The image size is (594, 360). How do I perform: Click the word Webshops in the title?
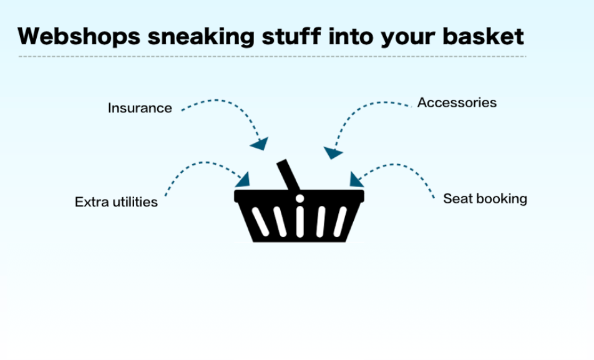(x=79, y=36)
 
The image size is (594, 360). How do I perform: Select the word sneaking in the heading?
(x=201, y=37)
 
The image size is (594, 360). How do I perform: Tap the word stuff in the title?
(x=291, y=36)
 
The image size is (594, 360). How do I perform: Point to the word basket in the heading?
(x=483, y=36)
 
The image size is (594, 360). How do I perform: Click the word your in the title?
(x=407, y=39)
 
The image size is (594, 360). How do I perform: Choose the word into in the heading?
(x=351, y=36)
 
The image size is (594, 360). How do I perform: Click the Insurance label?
(x=140, y=108)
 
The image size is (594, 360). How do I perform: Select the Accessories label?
(x=457, y=103)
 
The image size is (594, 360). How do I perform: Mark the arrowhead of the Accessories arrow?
(x=332, y=153)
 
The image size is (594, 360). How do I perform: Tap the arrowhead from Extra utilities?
(x=243, y=180)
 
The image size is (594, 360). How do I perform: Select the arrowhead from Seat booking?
(x=356, y=180)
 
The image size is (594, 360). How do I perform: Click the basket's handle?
(x=288, y=175)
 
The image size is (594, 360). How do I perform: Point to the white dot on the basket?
(x=299, y=198)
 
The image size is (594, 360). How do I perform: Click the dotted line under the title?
(x=273, y=56)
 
